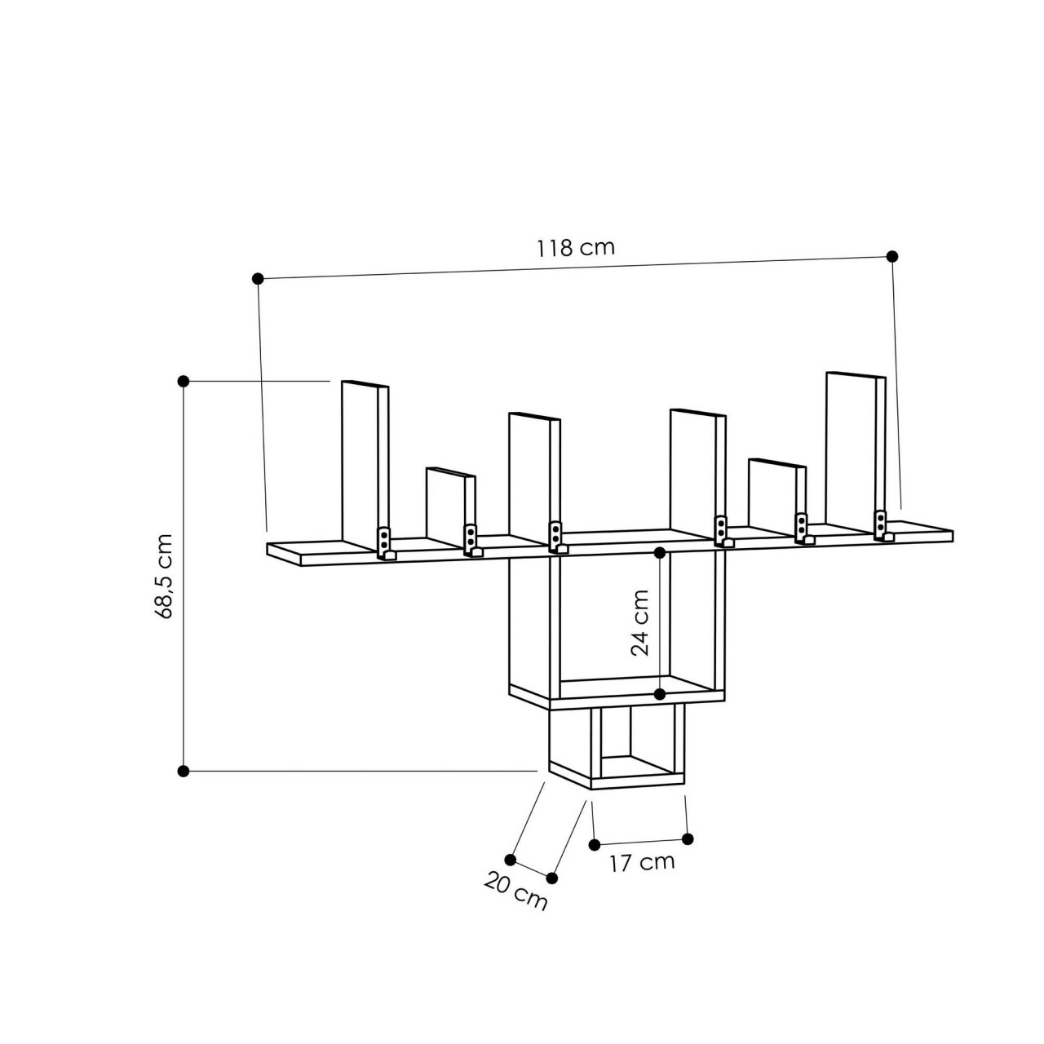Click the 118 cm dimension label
[575, 247]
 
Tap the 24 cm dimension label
[640, 623]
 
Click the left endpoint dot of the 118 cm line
[259, 278]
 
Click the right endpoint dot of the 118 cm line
[892, 256]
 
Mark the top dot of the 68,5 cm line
[184, 381]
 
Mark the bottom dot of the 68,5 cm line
[184, 771]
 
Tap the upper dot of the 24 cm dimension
[661, 552]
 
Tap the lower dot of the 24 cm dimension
[661, 694]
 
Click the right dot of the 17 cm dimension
[688, 838]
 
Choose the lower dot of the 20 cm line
[552, 878]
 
